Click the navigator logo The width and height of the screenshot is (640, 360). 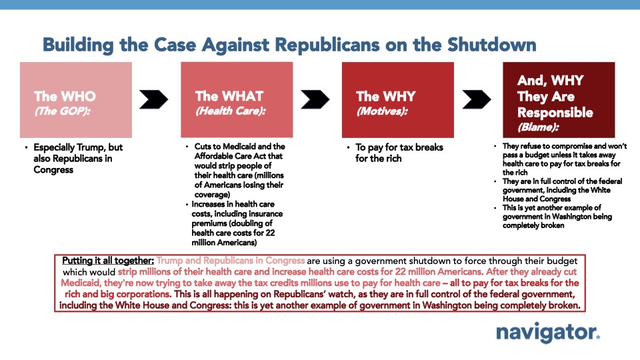[x=548, y=333]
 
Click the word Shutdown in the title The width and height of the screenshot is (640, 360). [x=491, y=45]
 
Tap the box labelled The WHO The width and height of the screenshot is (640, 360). [x=76, y=99]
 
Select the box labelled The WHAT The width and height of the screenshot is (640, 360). [x=237, y=99]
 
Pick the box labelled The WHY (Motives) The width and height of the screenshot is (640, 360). [x=398, y=99]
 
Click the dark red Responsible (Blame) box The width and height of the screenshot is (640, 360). [x=559, y=99]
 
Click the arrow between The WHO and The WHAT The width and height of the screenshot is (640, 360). [x=153, y=99]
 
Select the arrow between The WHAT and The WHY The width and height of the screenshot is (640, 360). [x=315, y=99]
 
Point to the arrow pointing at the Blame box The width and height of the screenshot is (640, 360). [x=476, y=99]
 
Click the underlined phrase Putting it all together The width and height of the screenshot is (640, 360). [x=108, y=261]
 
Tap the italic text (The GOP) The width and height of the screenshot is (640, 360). [x=62, y=111]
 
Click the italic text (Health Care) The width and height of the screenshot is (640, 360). [x=231, y=111]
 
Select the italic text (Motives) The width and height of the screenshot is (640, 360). [x=382, y=111]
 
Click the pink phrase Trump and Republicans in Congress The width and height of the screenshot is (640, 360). [x=231, y=261]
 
